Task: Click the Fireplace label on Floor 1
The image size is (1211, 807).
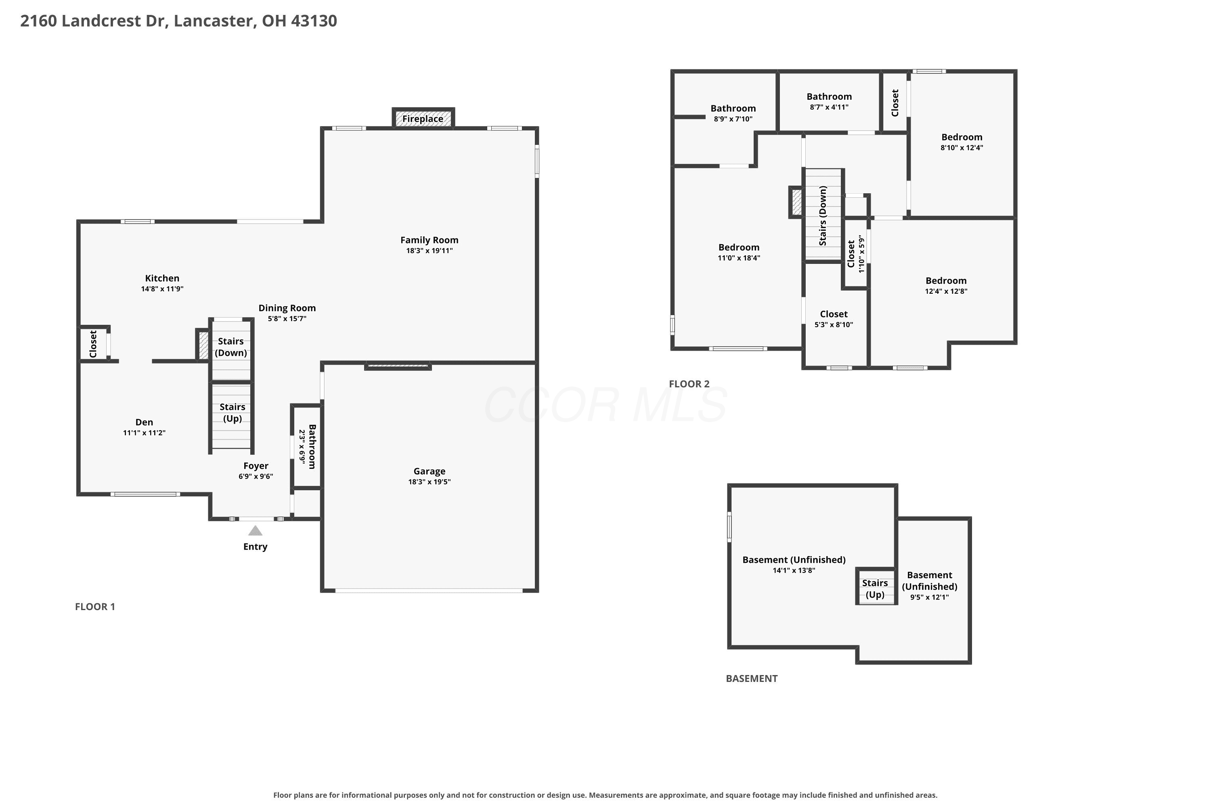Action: tap(423, 119)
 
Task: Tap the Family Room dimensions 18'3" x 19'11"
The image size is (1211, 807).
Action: tap(430, 251)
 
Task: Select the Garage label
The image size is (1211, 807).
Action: tap(430, 471)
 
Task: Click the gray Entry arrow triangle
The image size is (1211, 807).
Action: tap(256, 531)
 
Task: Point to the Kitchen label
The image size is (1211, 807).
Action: tap(162, 278)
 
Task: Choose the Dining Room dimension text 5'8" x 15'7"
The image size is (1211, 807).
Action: tap(287, 319)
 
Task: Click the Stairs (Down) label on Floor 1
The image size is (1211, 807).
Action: tap(230, 347)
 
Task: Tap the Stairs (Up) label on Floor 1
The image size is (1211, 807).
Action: tap(232, 413)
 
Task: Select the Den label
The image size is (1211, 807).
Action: tap(144, 422)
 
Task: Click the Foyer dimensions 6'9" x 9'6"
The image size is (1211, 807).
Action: tap(256, 477)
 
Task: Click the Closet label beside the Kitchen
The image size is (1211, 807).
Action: tap(93, 344)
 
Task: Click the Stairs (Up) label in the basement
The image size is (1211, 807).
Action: tap(875, 589)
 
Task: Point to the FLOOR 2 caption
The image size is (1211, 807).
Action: tap(689, 384)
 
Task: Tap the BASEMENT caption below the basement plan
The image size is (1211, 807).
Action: tap(752, 678)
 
